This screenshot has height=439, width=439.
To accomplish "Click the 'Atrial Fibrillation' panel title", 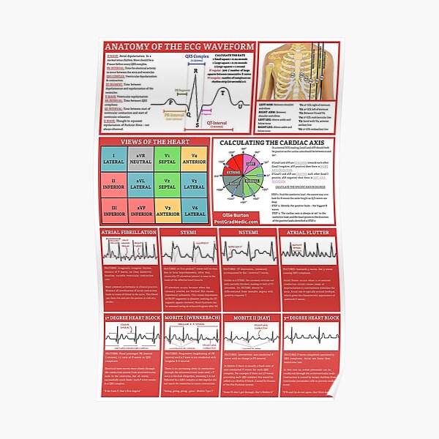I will coord(129,232).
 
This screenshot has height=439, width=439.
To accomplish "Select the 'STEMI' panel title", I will coord(190,232).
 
